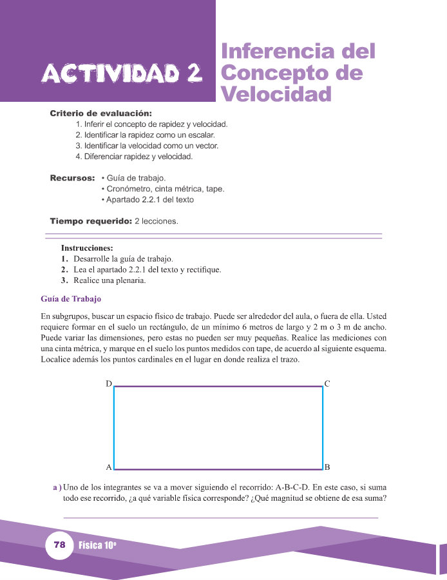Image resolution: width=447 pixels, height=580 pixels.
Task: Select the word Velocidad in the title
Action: click(276, 94)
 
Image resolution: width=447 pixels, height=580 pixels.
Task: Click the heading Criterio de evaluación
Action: click(101, 114)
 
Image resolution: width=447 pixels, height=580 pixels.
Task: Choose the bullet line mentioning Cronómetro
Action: click(163, 189)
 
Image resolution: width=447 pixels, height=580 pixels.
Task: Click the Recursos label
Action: click(73, 178)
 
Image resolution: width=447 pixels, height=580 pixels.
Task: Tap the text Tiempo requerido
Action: click(90, 221)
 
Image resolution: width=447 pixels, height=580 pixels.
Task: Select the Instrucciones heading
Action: click(87, 248)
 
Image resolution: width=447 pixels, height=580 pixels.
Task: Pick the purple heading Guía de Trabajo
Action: click(71, 299)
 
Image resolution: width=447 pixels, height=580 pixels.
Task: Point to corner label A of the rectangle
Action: click(109, 467)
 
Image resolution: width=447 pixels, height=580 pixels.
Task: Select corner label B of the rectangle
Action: click(327, 467)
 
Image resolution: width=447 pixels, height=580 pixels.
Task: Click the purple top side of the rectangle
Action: click(218, 387)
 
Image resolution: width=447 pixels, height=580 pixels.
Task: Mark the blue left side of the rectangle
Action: click(114, 427)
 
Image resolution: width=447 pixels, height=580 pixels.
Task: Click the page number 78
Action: click(60, 545)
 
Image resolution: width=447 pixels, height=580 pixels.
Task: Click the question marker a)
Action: click(57, 487)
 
